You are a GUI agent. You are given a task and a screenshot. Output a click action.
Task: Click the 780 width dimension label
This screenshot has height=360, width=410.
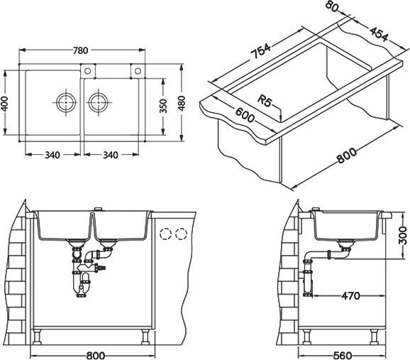(80, 50)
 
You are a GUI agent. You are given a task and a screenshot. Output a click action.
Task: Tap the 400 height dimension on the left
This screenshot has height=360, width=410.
(5, 104)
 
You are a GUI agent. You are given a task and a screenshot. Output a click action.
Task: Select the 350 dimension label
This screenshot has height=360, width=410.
(163, 106)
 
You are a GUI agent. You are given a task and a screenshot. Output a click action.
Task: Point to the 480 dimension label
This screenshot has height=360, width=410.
(182, 103)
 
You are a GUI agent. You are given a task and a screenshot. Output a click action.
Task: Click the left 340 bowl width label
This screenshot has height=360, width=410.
(52, 155)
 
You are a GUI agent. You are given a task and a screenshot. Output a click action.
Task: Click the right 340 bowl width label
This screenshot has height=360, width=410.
(111, 155)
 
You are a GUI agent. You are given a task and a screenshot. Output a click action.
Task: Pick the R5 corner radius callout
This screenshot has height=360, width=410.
(264, 101)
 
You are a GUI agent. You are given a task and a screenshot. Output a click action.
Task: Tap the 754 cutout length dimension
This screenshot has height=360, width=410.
(260, 51)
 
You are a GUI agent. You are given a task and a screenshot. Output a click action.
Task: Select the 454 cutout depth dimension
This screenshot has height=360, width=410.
(379, 34)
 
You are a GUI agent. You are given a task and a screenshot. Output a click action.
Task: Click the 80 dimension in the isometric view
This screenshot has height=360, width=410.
(332, 7)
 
